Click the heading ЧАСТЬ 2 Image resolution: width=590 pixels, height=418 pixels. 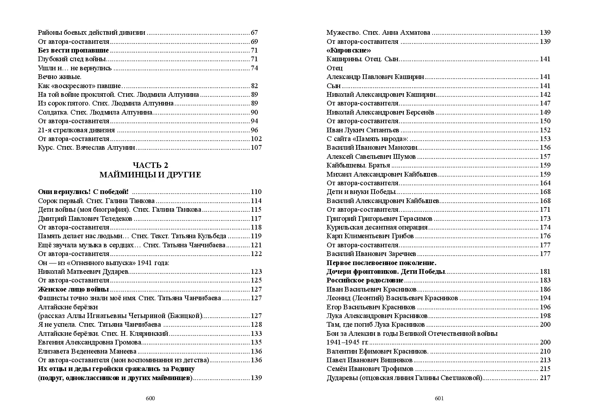coord(150,166)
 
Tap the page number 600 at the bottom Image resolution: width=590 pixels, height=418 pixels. coord(150,398)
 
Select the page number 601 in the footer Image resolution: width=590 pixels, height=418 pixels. coord(439,398)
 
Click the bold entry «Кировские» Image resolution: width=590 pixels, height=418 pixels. coord(349,51)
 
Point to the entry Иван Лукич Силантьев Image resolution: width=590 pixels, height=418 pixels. coord(363,130)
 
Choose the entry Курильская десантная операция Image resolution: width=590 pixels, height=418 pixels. coord(377,227)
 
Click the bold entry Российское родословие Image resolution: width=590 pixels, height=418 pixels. coord(365,281)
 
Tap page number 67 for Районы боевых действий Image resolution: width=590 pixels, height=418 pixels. coord(254,33)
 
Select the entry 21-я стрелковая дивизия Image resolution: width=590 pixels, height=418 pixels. coord(76,130)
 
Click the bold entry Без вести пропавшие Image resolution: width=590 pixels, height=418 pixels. coord(73,51)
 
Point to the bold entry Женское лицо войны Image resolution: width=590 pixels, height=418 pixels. coord(73,289)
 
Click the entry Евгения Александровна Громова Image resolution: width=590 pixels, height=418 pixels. coord(89,342)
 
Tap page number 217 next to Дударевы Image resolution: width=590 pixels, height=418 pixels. coord(545,378)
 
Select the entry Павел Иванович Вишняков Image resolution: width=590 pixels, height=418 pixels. coord(369,360)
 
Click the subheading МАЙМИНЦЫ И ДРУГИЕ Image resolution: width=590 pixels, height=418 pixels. coord(150,175)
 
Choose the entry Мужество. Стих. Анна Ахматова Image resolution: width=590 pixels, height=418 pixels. coord(378,33)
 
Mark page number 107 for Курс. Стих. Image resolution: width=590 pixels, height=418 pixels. coord(256,148)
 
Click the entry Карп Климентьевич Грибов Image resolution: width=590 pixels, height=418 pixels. coord(370,236)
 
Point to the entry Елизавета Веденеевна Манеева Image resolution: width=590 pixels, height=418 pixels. coord(87,351)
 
